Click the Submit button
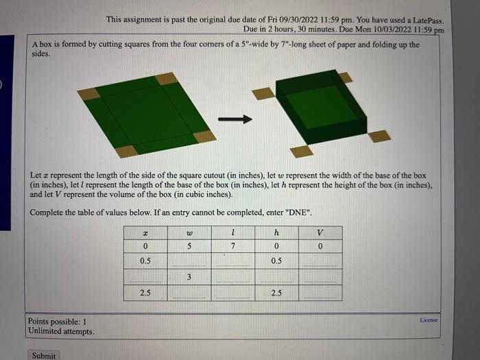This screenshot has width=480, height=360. click(x=43, y=355)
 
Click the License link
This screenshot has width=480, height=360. click(x=429, y=320)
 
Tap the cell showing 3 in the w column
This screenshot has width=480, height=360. click(x=188, y=277)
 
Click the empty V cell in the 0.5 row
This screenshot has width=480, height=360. click(x=320, y=261)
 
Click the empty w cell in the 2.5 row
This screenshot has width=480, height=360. click(x=188, y=293)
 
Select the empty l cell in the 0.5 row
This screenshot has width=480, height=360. click(x=233, y=261)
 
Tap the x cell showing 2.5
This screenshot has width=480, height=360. click(x=145, y=293)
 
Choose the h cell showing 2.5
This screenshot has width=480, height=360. click(x=276, y=293)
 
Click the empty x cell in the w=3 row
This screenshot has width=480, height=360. click(x=145, y=277)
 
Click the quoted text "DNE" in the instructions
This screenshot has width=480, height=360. click(x=299, y=212)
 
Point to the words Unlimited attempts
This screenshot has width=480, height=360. click(x=61, y=331)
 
